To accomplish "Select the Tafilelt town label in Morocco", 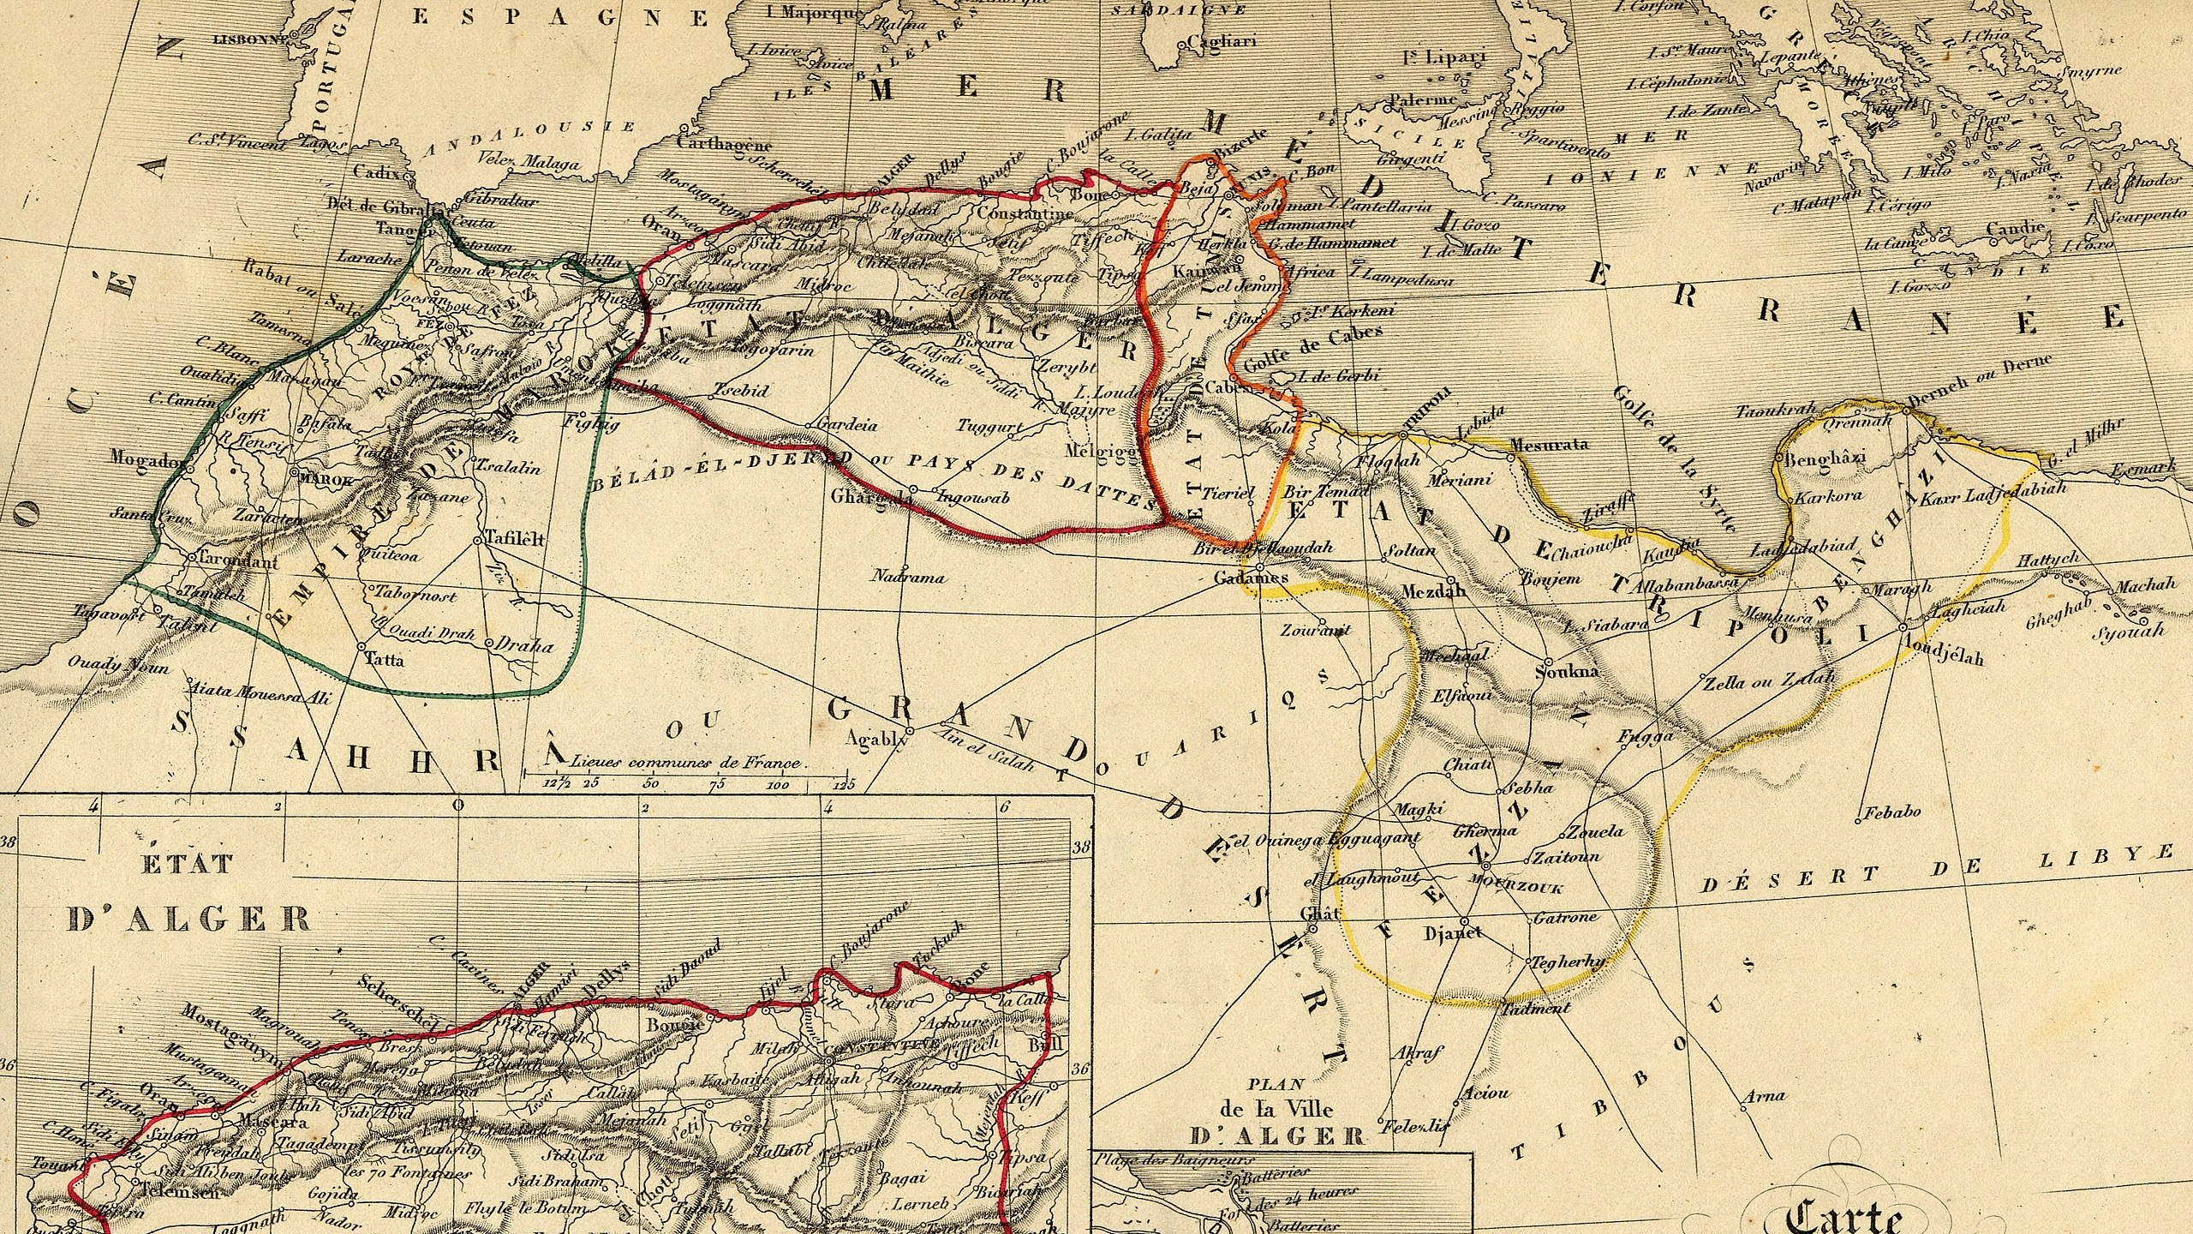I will [515, 539].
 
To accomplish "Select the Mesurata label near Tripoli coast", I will [1550, 444].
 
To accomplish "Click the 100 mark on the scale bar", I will [778, 785].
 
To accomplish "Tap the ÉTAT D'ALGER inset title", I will [188, 891].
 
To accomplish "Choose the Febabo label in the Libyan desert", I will [1891, 811].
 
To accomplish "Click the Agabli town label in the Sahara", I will [870, 738].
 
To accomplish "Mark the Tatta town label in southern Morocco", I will [385, 660].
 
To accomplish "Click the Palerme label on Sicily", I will [1422, 100].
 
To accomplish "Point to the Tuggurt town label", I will [989, 426].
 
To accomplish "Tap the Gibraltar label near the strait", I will [501, 201].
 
